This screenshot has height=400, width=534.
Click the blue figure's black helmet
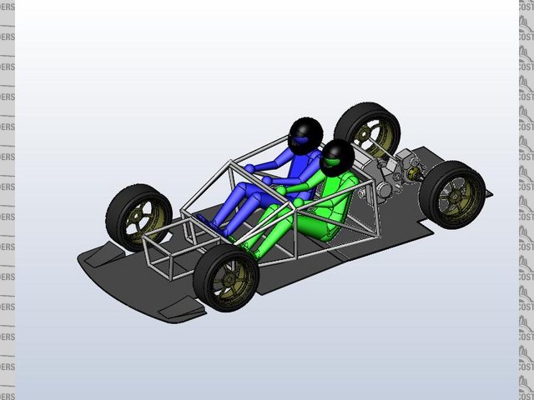pyautogui.click(x=305, y=132)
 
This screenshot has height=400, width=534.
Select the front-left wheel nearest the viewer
pyautogui.click(x=225, y=277)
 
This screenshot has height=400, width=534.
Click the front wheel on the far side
pyautogui.click(x=139, y=216)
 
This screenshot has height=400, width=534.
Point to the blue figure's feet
pyautogui.click(x=204, y=221)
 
